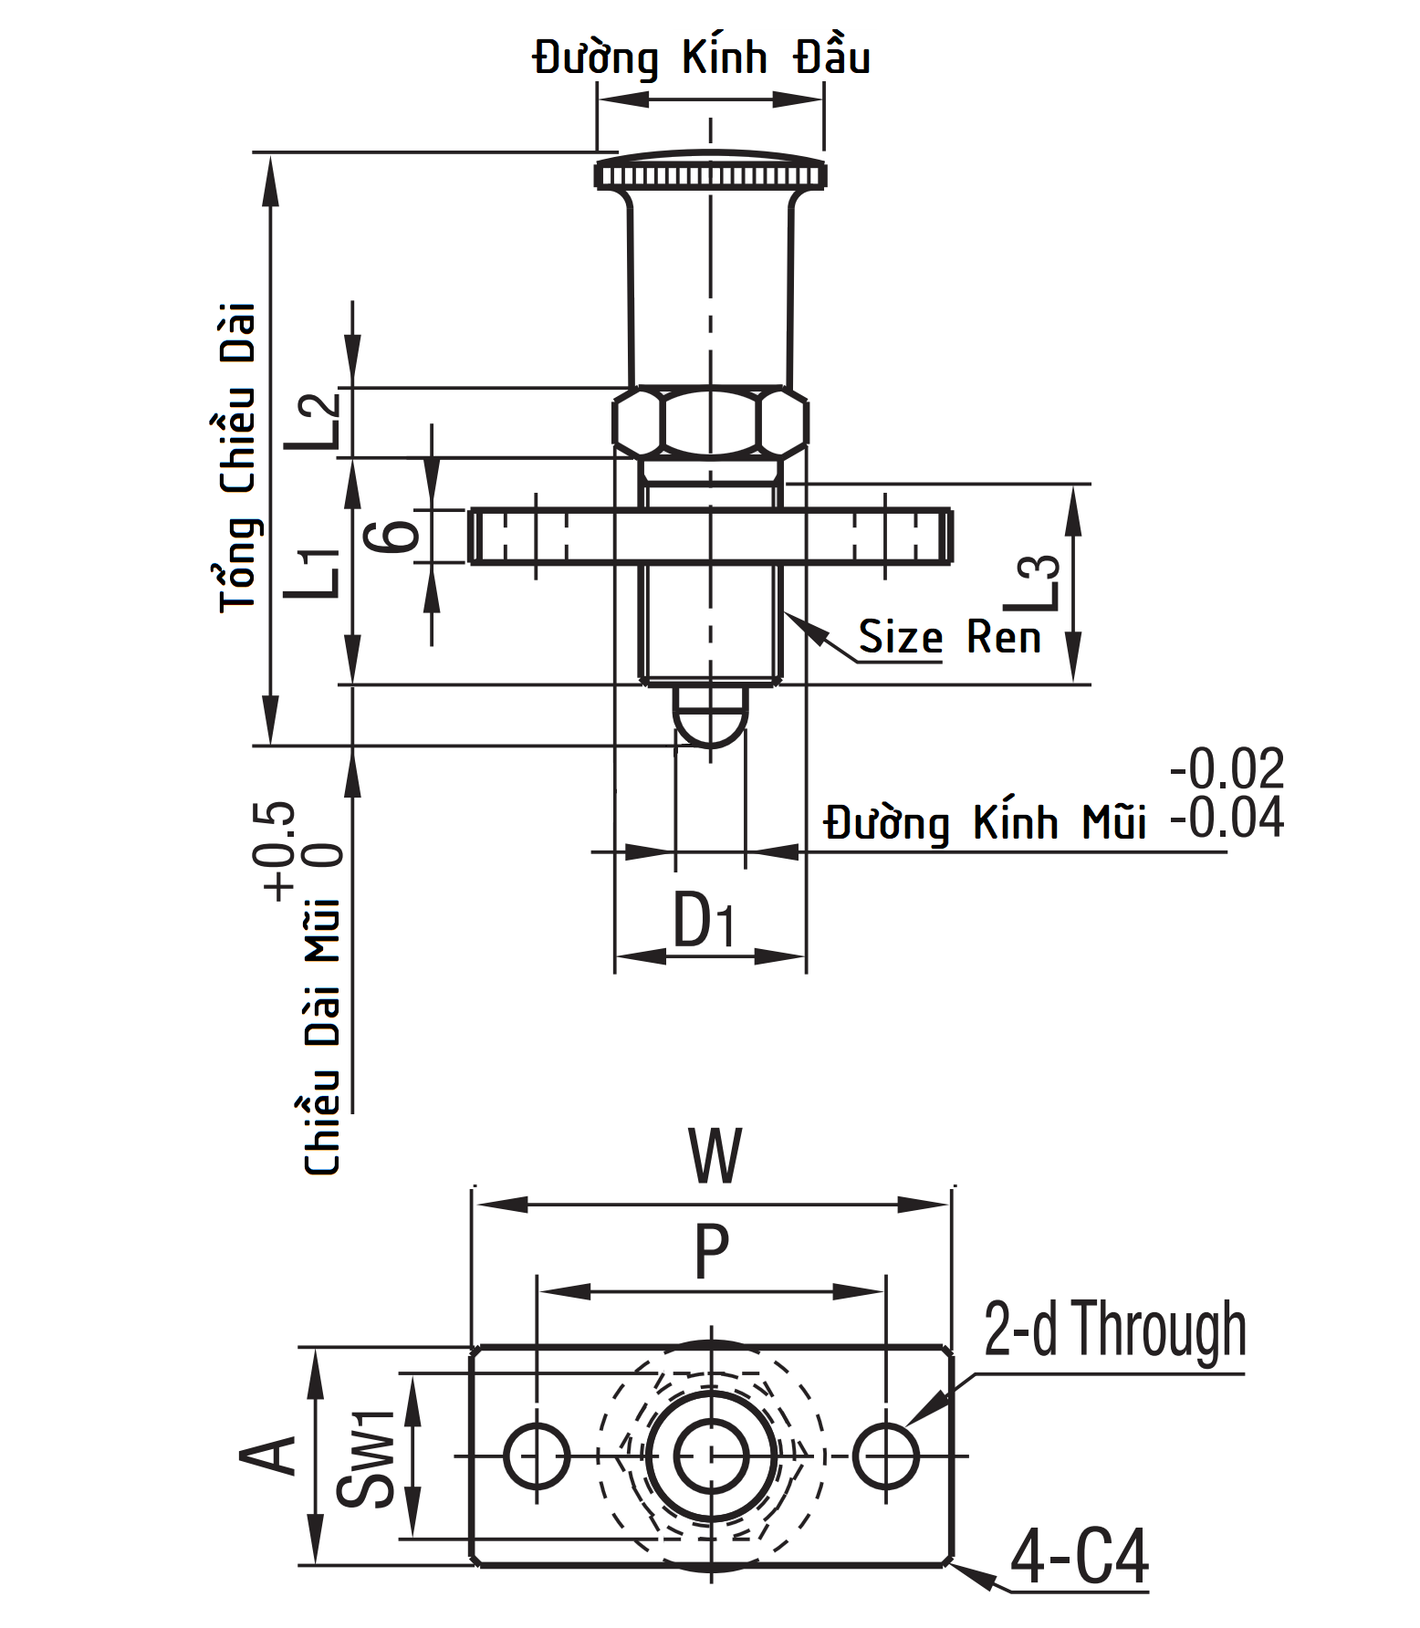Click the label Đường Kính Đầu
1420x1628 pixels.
(x=701, y=58)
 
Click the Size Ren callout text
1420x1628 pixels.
(x=949, y=636)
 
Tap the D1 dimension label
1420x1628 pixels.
(x=704, y=921)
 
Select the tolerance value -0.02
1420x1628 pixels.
(x=1227, y=769)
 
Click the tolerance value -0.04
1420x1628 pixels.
(x=1227, y=819)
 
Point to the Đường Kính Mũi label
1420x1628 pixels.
(x=986, y=823)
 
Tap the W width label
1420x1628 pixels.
(x=715, y=1156)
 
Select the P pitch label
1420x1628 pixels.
(x=712, y=1253)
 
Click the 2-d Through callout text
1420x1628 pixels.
(x=1114, y=1331)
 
